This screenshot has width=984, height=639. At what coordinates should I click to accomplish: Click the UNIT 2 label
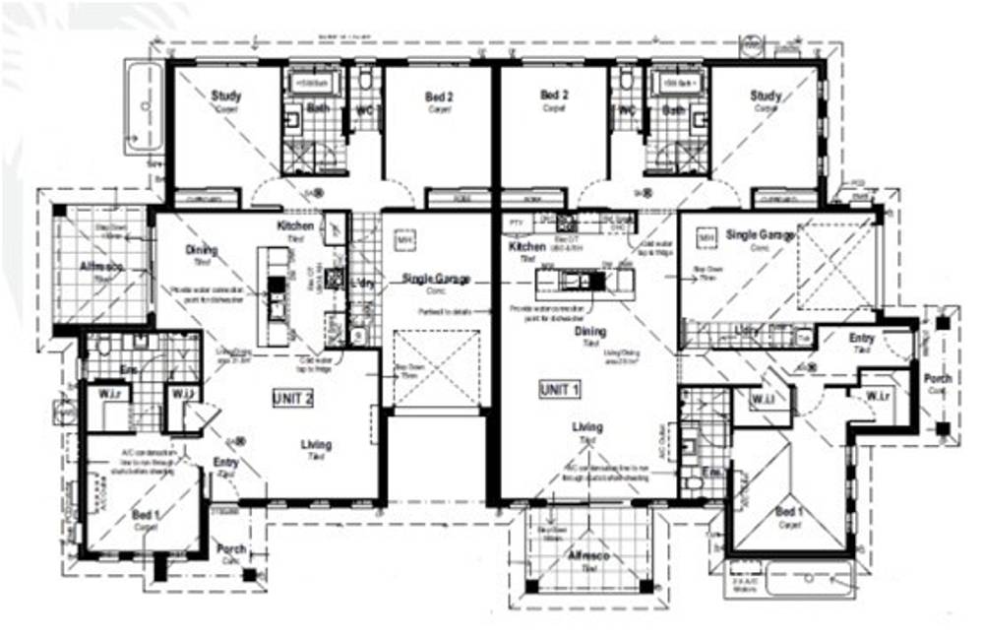pos(292,399)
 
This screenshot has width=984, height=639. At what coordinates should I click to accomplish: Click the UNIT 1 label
pos(560,389)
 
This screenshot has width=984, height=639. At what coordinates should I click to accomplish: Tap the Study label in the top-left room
pos(226,96)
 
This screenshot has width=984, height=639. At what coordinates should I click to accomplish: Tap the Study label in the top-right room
pos(766,96)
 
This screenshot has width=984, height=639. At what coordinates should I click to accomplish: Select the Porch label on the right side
pos(936,379)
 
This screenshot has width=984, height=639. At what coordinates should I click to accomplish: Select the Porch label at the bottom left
pos(232,549)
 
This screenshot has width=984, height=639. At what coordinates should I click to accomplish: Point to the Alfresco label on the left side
pos(96,267)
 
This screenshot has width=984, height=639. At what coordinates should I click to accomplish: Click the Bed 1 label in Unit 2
pos(146,514)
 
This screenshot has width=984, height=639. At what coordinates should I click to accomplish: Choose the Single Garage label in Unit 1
pos(760,235)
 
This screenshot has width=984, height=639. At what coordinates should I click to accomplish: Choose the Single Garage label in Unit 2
pos(435,280)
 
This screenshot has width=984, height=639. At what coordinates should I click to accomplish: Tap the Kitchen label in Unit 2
pos(295,225)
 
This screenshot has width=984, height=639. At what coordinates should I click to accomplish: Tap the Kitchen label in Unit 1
pos(527,247)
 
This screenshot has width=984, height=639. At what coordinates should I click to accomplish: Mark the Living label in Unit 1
pos(588,427)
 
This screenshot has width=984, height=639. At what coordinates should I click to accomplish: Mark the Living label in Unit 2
pos(316,445)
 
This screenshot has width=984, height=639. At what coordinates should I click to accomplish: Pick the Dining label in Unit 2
pos(201,251)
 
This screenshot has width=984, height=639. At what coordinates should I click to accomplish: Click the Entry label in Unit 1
pos(862,339)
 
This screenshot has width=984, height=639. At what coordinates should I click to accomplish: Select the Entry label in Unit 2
pos(225,462)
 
